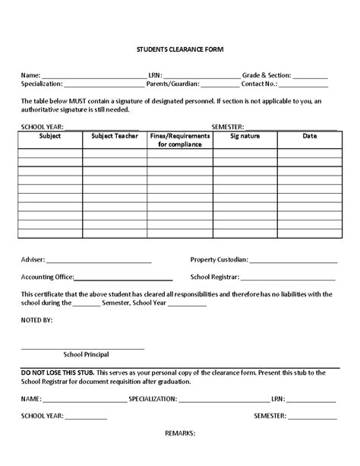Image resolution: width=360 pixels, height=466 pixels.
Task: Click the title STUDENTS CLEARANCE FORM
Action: pos(180,50)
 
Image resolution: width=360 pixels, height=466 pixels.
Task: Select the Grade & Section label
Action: pos(266,76)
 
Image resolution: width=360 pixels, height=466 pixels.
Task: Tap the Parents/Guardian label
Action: pos(172,84)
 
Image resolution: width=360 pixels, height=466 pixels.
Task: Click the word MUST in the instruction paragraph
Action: pos(77,101)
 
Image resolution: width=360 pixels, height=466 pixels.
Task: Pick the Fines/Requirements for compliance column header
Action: pos(180,140)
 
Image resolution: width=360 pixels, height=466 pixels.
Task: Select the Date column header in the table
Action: pos(309,136)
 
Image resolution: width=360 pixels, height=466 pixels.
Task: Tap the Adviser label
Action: pos(33,259)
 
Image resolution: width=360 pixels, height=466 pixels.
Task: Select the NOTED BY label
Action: pos(37,321)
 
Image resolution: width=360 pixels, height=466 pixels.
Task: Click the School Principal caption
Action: pos(86,354)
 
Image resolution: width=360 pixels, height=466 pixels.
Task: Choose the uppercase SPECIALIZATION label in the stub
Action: pos(159,398)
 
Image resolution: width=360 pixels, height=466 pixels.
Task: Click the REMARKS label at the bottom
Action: pos(180,433)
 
